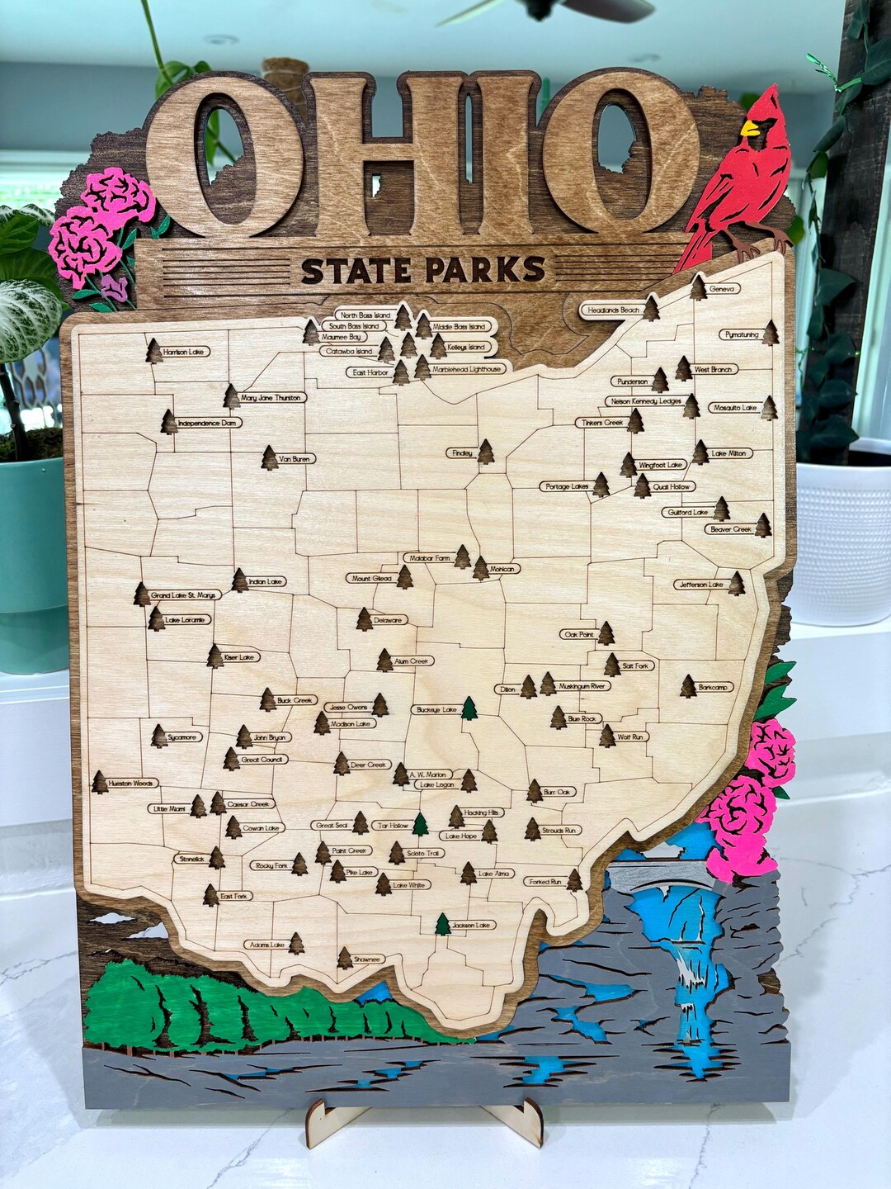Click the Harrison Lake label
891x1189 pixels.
click(185, 352)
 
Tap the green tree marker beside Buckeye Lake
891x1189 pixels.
click(469, 708)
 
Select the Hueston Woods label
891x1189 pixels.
click(132, 783)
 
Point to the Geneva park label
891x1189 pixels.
click(722, 289)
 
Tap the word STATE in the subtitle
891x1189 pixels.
click(357, 270)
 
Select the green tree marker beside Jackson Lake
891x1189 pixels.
click(443, 924)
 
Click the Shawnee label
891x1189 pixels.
click(367, 959)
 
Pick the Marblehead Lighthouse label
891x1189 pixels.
click(467, 369)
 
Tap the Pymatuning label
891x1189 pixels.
click(740, 334)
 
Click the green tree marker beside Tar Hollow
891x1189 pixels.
click(421, 823)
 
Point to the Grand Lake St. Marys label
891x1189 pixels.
click(182, 594)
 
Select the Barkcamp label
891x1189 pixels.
click(715, 687)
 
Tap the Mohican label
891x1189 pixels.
click(502, 569)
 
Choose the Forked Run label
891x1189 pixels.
click(544, 882)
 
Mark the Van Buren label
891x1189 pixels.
click(297, 459)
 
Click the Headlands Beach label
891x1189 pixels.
click(613, 310)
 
